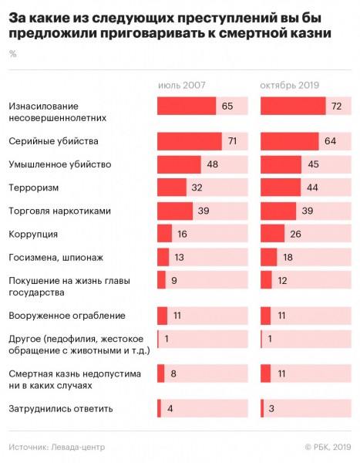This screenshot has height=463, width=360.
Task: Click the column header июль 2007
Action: click(181, 85)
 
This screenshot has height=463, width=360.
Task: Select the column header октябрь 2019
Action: click(290, 85)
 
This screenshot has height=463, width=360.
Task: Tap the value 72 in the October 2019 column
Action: click(336, 106)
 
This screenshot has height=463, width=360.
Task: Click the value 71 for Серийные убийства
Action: click(233, 141)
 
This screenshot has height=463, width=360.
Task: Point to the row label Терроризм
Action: click(34, 188)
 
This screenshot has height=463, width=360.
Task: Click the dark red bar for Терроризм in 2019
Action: click(281, 188)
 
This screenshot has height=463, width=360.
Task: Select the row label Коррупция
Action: click(33, 234)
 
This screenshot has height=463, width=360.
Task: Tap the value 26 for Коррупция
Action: click(295, 234)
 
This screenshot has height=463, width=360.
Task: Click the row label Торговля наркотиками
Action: click(59, 211)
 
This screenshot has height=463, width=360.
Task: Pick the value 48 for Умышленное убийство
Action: click(213, 164)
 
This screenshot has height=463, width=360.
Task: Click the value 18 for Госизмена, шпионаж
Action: click(288, 257)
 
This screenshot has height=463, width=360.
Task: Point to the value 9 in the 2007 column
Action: click(174, 280)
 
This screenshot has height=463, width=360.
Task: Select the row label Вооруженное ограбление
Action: click(67, 316)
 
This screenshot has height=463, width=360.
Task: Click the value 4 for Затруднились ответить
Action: click(170, 409)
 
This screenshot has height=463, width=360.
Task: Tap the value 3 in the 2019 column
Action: click(271, 409)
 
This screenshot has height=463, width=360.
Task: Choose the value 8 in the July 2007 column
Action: click(173, 373)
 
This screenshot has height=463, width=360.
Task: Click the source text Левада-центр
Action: click(78, 448)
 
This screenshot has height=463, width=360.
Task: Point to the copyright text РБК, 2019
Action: click(332, 448)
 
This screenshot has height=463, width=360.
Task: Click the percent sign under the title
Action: click(12, 54)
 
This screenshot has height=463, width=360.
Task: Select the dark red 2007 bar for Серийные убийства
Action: click(190, 141)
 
